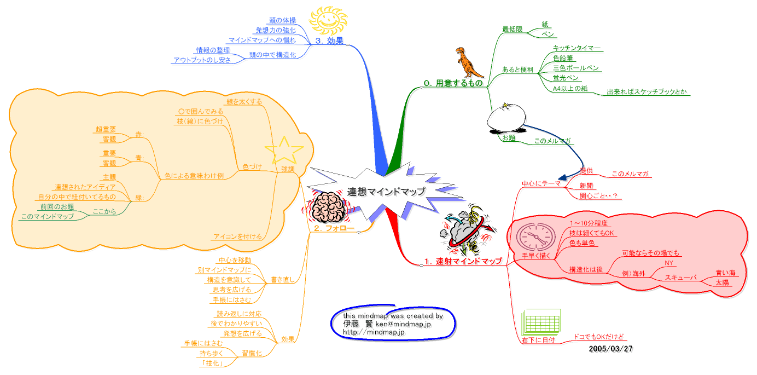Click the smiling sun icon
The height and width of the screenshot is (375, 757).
(x=328, y=21)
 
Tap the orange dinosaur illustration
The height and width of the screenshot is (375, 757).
(x=469, y=62)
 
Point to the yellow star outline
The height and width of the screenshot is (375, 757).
(x=283, y=149)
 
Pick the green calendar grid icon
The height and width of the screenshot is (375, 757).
(x=541, y=321)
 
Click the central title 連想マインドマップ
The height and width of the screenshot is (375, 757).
(x=386, y=191)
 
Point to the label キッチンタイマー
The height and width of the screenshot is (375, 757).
(x=577, y=48)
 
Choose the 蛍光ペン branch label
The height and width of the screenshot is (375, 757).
(x=565, y=78)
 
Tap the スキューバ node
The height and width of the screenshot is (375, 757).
(x=680, y=278)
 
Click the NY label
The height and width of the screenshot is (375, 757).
(x=668, y=263)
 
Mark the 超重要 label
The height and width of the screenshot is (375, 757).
(x=106, y=129)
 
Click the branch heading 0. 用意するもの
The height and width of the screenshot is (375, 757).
(x=453, y=83)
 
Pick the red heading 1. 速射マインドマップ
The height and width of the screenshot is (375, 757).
(x=463, y=261)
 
